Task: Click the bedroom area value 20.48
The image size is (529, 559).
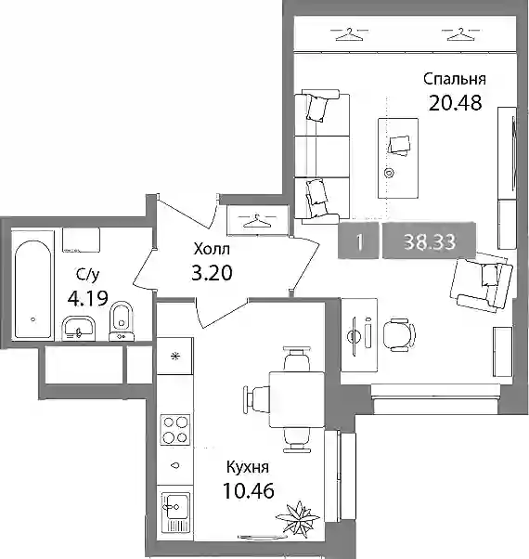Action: [x=456, y=103]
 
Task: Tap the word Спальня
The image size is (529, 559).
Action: [x=455, y=79]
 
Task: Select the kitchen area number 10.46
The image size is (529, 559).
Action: [x=249, y=490]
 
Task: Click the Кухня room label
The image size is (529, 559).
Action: [x=248, y=467]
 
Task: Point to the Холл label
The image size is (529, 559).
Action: [x=212, y=249]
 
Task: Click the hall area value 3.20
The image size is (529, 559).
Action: [x=212, y=273]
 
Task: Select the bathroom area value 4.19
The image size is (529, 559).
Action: [x=87, y=298]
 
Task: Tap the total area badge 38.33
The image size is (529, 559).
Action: [x=430, y=240]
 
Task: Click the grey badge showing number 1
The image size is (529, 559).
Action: [x=358, y=240]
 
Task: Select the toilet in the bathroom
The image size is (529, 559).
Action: [x=122, y=321]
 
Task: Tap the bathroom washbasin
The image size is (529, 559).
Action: [x=79, y=327]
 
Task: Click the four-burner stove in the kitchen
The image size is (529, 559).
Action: [x=174, y=430]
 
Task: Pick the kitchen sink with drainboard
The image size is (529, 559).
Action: [x=175, y=513]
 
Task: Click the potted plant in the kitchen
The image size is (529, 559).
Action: [x=298, y=516]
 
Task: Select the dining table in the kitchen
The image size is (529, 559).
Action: [x=297, y=399]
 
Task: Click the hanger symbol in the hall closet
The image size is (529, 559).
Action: [x=257, y=221]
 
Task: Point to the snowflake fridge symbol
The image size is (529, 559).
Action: [x=174, y=357]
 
